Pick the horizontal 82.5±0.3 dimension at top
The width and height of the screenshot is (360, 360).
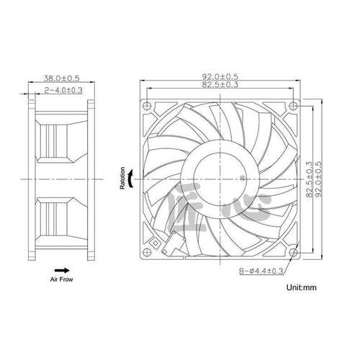point(220,86)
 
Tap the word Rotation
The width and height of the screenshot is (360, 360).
point(122,176)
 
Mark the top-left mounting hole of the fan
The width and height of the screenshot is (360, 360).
point(149,105)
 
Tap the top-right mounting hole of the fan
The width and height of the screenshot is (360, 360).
point(292,105)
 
